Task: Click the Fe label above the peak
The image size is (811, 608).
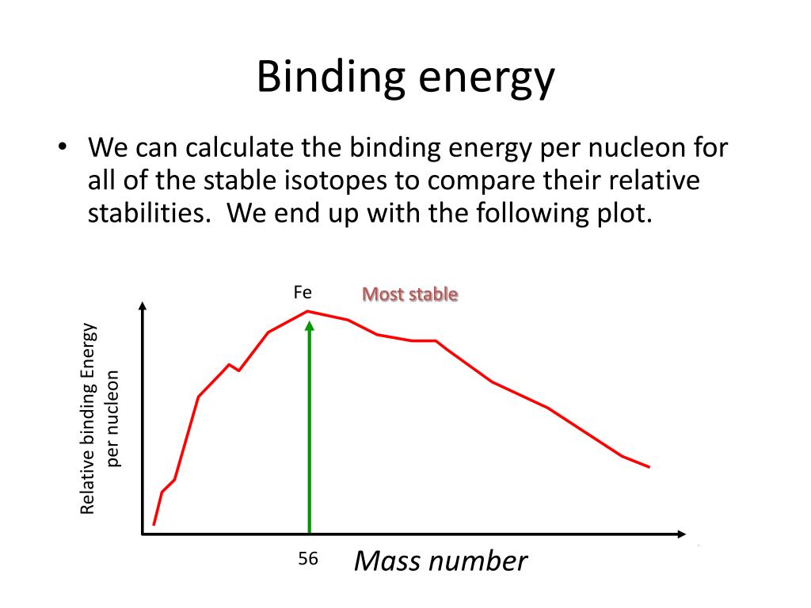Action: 303,291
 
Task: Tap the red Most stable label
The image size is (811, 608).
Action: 409,294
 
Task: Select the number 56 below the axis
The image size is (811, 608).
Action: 308,560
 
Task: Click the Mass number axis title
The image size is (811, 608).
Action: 440,560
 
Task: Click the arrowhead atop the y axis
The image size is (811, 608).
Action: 143,306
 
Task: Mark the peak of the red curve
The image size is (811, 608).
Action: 308,311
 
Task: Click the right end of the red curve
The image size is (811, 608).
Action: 649,466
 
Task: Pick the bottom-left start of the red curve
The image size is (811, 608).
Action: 154,524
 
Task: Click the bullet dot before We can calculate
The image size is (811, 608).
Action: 62,148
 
